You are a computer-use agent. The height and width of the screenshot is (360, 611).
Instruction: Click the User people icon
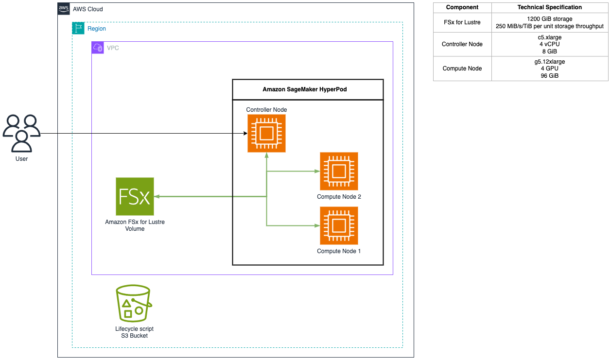coord(21,133)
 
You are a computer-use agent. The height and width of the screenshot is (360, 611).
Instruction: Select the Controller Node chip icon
coord(266,133)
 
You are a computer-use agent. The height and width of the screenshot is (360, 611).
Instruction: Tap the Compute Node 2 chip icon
coord(339,171)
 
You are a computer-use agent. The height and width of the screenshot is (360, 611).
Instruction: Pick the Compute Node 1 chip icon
coord(339,225)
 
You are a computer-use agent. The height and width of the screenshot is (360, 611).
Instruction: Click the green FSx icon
coord(135,196)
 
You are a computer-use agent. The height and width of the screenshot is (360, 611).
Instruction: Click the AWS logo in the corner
coord(64,9)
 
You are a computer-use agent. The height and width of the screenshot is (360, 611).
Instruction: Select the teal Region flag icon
coord(78,28)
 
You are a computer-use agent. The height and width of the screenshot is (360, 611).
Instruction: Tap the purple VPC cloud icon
coord(98,48)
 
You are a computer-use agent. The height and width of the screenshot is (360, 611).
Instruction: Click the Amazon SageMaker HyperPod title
coord(308,89)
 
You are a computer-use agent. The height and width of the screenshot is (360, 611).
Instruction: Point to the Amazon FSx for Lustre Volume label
coord(135,225)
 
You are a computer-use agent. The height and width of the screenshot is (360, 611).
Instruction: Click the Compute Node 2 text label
coord(339,197)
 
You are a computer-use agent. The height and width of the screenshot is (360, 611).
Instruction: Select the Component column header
coord(462,7)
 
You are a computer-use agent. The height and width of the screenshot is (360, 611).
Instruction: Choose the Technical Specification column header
coord(549,7)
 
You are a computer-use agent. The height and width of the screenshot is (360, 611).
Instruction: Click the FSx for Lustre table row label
coord(462,22)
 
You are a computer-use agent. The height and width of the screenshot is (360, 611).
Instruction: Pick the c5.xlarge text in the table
coord(549,37)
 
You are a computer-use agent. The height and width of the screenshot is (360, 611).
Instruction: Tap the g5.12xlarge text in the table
coord(549,62)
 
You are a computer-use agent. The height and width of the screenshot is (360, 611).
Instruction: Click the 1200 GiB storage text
coord(549,19)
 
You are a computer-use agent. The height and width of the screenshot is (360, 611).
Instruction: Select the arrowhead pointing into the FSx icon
coord(157,196)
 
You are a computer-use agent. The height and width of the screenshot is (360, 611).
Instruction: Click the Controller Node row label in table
coord(462,44)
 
